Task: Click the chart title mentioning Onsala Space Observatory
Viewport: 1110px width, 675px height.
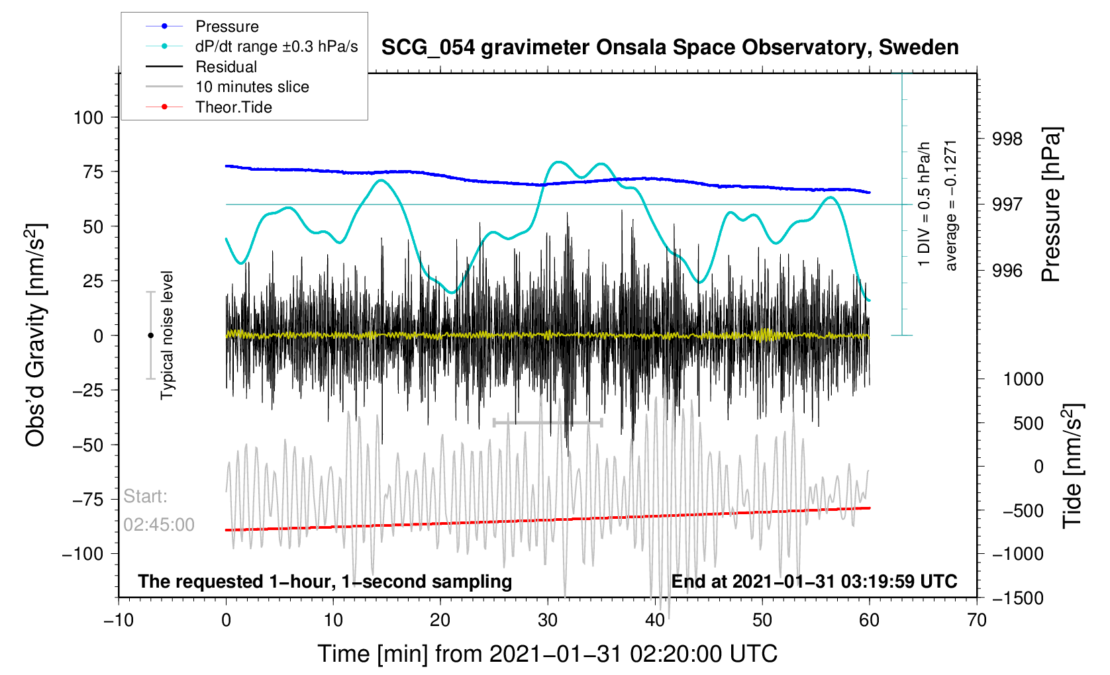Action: coord(670,48)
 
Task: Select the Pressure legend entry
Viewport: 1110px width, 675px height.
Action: coord(227,26)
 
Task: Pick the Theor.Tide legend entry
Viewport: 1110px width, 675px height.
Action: coord(233,107)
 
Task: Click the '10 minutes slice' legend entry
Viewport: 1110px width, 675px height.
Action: coord(252,87)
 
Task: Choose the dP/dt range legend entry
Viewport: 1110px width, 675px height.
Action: coord(276,46)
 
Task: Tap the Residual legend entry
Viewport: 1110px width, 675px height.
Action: coord(226,67)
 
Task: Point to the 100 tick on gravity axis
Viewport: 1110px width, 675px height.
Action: coord(89,118)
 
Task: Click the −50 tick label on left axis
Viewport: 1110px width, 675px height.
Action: coord(85,445)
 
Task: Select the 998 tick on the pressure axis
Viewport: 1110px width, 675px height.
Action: coord(1007,139)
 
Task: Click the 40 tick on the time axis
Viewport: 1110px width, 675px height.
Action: coord(655,620)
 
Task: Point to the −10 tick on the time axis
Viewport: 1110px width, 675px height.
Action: coord(119,620)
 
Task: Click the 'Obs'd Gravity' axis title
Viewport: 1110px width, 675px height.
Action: coord(36,336)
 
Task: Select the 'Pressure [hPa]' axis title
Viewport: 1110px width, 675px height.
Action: coord(1052,205)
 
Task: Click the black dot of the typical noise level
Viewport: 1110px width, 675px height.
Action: coord(150,336)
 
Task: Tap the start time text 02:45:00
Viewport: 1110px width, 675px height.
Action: coord(159,525)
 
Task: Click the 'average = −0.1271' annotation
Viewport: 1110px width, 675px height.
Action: coord(951,205)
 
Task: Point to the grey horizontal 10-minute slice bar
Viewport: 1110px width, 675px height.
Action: coord(548,422)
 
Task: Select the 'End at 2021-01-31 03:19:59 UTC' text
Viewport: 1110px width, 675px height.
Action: coord(814,582)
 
